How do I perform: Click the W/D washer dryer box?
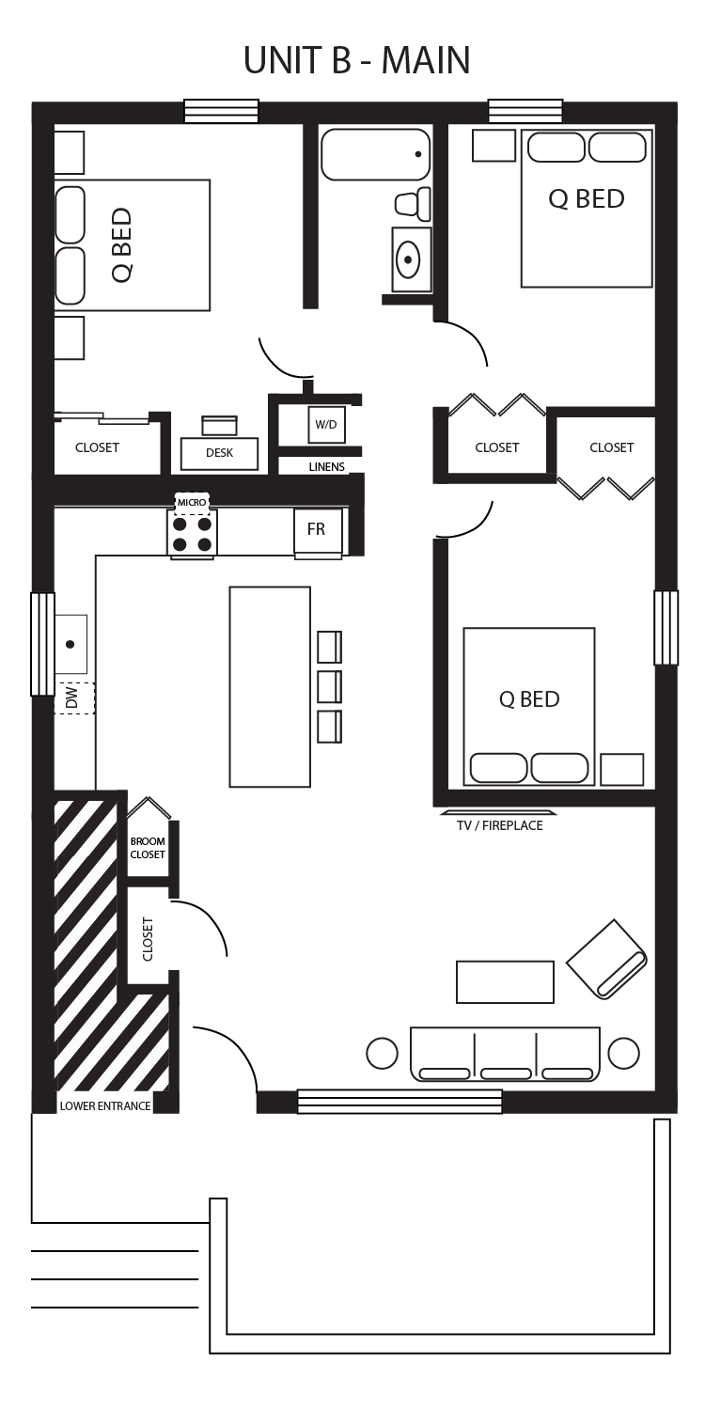pos(325,424)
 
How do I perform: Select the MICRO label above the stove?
pos(192,502)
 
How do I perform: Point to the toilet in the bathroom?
pos(413,204)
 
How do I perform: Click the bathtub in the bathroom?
pos(376,152)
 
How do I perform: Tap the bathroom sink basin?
pos(409,259)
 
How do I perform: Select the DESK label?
pos(219,452)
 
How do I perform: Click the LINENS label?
pos(327,466)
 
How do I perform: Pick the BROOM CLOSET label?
pos(148,847)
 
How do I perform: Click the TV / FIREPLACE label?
pos(500,825)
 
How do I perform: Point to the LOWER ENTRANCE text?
pos(105,1105)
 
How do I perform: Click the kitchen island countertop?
pos(270,687)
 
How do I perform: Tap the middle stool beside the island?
pos(330,687)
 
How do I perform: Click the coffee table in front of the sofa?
pos(506,981)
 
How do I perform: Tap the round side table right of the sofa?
pos(624,1053)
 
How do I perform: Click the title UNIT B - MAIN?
pos(357,60)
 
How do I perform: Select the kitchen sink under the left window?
pos(70,644)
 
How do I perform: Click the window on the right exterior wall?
pos(666,628)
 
